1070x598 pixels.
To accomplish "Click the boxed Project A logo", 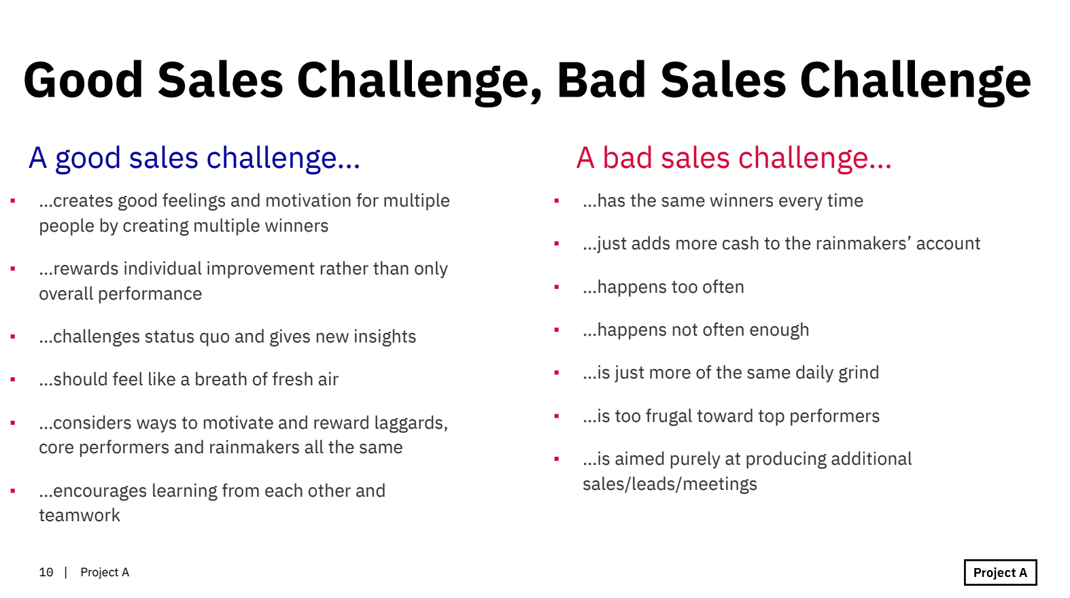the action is click(x=1000, y=572).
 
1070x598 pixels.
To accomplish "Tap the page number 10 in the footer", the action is click(x=46, y=572).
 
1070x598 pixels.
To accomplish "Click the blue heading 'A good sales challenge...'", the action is click(x=194, y=158).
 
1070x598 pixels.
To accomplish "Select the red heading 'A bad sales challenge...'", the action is click(x=734, y=158).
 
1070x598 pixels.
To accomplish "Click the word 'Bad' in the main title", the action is click(x=602, y=80).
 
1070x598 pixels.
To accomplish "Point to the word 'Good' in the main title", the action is click(x=83, y=80).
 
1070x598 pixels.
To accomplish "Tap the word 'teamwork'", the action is click(x=80, y=515).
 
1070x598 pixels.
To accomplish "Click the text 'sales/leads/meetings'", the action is click(x=670, y=485).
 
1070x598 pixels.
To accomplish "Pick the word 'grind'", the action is click(x=859, y=373).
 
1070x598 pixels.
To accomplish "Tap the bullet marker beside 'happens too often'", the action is click(x=557, y=287).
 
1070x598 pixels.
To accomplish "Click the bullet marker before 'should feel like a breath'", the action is click(x=13, y=380).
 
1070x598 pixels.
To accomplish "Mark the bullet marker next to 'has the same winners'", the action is click(x=557, y=201).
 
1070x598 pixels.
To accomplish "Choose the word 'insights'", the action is click(x=385, y=337).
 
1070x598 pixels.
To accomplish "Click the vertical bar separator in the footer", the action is click(x=66, y=572).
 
